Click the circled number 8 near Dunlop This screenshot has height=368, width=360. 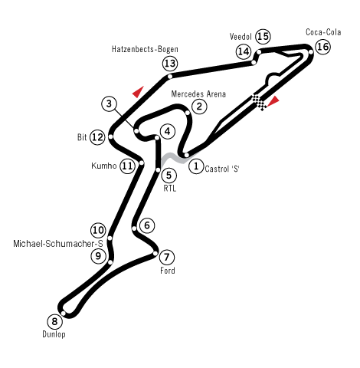click(x=54, y=321)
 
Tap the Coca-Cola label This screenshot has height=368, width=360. click(x=323, y=32)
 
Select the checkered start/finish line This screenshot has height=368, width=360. click(x=259, y=102)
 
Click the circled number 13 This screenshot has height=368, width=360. click(x=170, y=63)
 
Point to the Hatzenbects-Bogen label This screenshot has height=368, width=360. click(x=145, y=49)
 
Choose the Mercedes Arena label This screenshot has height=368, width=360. click(x=198, y=94)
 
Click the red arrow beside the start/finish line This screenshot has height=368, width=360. click(x=273, y=100)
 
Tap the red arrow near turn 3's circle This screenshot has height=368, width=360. click(x=138, y=92)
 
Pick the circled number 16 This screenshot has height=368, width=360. click(x=322, y=47)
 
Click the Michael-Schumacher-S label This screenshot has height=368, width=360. click(x=58, y=244)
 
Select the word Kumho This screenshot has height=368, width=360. click(x=104, y=166)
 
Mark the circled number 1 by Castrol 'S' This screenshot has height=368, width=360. click(x=196, y=166)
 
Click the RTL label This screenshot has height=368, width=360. click(x=170, y=189)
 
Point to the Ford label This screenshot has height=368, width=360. click(x=168, y=271)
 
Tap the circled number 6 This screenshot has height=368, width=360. click(x=147, y=225)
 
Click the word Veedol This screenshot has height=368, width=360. click(x=241, y=37)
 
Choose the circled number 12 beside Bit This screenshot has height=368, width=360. click(x=98, y=137)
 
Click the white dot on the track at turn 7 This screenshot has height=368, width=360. click(x=155, y=253)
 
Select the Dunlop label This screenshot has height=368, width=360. click(x=54, y=334)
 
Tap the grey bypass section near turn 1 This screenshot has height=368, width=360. click(x=176, y=159)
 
